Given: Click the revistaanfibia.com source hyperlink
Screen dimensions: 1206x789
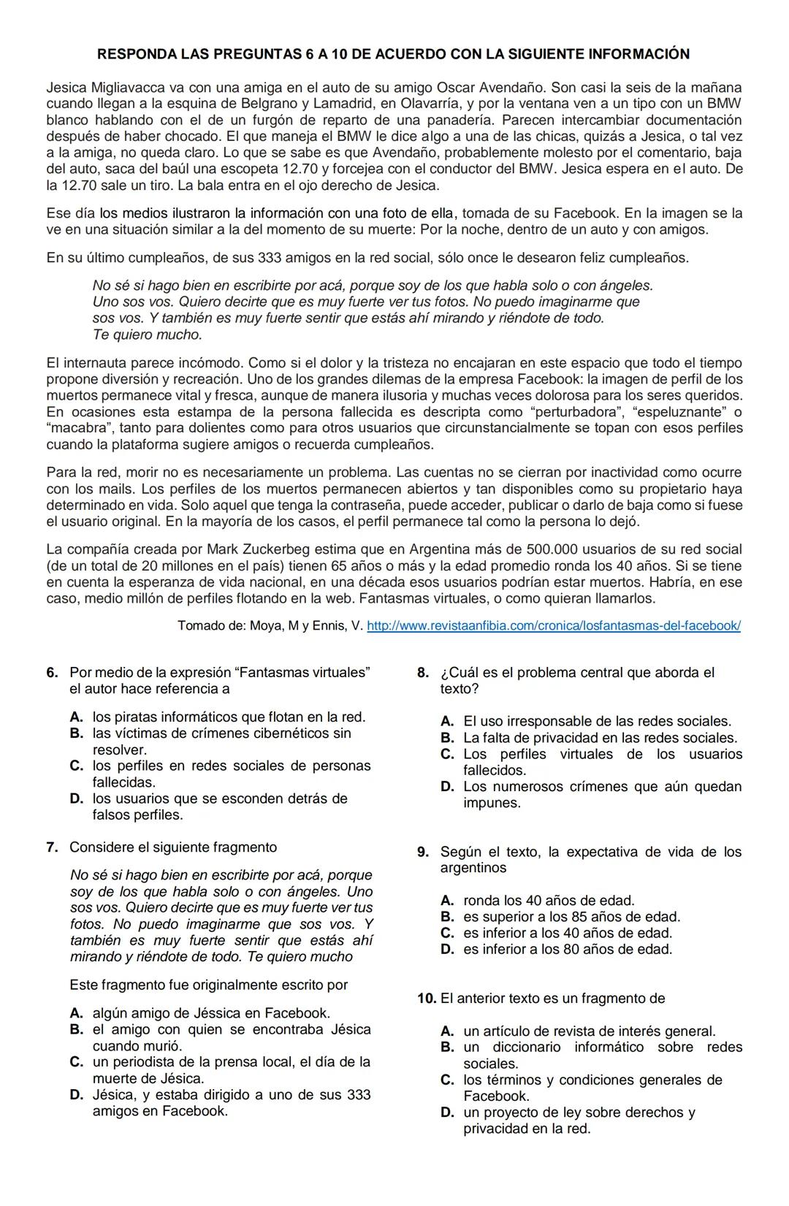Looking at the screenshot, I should [553, 626].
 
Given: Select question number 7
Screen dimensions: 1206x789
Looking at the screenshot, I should [52, 847].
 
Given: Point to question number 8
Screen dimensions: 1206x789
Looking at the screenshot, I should [422, 673].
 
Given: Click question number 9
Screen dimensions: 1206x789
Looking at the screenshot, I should [422, 852].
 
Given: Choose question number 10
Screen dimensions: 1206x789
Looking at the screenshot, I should [427, 999].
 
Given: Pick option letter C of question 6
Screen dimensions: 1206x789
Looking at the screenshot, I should [76, 766].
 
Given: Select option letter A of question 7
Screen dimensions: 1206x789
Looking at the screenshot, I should [76, 1013].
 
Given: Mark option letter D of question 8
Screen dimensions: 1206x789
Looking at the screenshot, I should [447, 787].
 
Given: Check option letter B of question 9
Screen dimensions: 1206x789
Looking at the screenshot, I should [447, 917].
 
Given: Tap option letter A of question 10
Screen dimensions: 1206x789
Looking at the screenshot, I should [447, 1031].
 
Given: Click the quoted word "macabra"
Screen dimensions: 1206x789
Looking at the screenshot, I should [75, 428].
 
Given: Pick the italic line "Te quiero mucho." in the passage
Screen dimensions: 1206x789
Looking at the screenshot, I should [147, 335].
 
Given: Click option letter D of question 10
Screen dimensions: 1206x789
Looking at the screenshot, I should [447, 1113].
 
